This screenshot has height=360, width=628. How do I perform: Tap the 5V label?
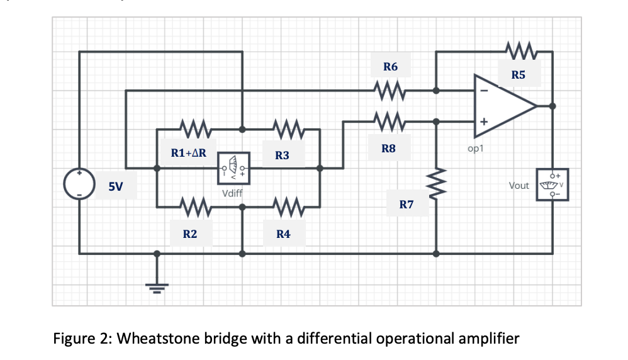115,186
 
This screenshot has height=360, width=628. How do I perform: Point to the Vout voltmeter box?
553,184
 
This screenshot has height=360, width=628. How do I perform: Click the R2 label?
189,234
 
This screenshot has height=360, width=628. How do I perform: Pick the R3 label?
282,155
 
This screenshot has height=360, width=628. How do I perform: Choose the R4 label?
283,234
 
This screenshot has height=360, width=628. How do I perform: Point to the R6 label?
390,67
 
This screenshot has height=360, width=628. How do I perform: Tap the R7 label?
407,205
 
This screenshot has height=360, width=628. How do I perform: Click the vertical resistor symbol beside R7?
436,186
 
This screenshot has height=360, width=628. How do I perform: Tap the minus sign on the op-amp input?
483,90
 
